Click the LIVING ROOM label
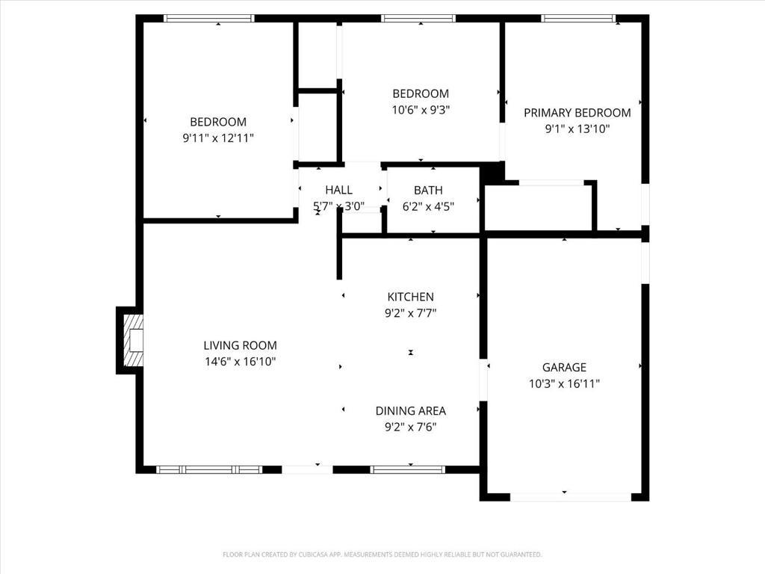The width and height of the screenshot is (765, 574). click(x=240, y=345)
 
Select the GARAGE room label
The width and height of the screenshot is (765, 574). click(x=564, y=367)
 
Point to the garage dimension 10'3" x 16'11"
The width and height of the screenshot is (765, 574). click(x=564, y=383)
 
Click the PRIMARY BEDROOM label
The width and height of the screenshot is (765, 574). click(x=577, y=113)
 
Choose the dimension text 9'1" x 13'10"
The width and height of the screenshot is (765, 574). click(x=577, y=129)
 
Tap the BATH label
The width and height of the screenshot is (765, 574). click(x=428, y=190)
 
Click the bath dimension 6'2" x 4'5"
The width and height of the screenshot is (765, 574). click(x=428, y=206)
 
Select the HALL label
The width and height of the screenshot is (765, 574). click(x=338, y=190)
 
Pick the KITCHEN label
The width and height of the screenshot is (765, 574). click(x=410, y=297)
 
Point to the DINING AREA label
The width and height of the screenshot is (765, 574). click(x=410, y=410)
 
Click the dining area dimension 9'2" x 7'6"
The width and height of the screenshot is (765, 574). click(x=410, y=427)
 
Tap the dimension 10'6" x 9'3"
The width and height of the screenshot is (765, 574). click(x=421, y=109)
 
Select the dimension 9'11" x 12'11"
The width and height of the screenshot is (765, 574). click(x=218, y=138)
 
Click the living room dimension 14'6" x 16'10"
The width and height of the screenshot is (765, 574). click(x=240, y=362)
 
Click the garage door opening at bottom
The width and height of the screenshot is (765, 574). click(x=571, y=496)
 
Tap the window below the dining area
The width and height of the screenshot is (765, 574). click(x=408, y=469)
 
